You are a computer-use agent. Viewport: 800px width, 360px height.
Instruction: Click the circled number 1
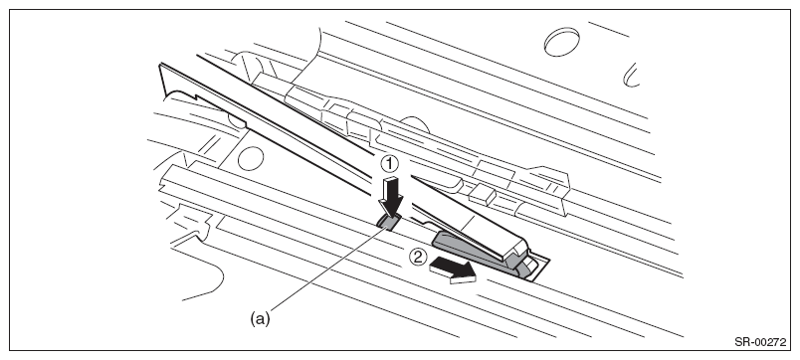[x=389, y=164]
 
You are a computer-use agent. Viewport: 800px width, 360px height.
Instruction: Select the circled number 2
[x=418, y=257]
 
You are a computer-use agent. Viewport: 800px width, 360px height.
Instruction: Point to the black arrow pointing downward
[x=391, y=197]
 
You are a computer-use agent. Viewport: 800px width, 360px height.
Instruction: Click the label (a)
[x=260, y=318]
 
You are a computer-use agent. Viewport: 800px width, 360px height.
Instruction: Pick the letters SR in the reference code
[x=742, y=342]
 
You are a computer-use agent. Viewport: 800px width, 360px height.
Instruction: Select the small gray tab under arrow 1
[x=389, y=223]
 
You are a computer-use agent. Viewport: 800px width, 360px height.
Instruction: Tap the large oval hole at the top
[x=562, y=42]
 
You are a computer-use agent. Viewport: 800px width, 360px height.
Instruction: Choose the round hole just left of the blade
[x=251, y=158]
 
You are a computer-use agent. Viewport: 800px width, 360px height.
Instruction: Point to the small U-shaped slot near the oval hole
[x=631, y=75]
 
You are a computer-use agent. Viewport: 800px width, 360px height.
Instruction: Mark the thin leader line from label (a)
[x=328, y=269]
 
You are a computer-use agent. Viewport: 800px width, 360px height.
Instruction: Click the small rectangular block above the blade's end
[x=483, y=195]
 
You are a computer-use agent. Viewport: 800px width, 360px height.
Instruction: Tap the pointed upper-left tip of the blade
[x=161, y=65]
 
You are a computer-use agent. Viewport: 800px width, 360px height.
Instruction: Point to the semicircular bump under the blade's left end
[x=235, y=122]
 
